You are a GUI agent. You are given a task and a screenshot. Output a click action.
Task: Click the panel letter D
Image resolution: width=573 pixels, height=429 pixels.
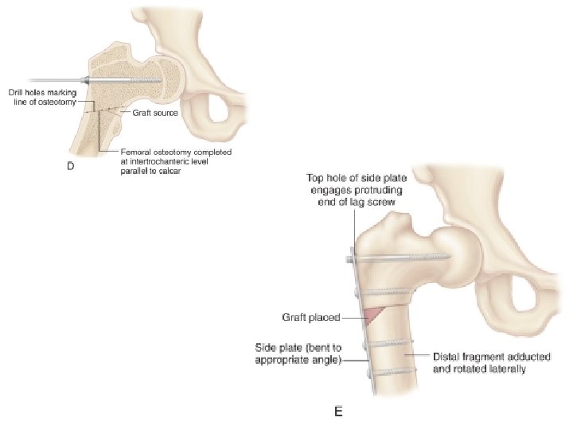click(69, 168)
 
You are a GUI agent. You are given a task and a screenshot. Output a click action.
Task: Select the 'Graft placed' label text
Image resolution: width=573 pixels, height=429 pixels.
click(310, 318)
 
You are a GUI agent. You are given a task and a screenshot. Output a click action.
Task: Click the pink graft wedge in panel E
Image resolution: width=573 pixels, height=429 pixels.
click(373, 316)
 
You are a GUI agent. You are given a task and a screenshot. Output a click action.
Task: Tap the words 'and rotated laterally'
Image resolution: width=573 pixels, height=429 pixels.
click(480, 369)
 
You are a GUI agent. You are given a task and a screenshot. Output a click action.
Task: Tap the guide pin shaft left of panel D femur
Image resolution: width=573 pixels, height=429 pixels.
click(40, 79)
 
